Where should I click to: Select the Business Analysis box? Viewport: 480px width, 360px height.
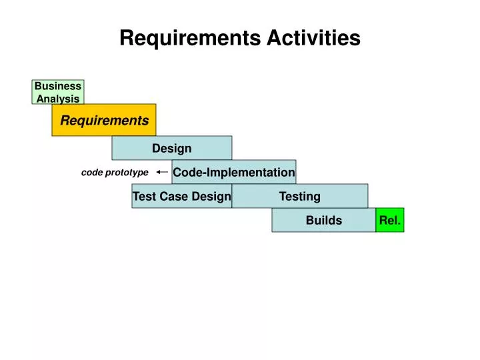tap(58, 92)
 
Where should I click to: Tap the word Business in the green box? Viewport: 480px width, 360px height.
tap(58, 86)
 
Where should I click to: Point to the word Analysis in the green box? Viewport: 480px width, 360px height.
tap(58, 99)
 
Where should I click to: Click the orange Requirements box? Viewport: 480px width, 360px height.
tap(104, 121)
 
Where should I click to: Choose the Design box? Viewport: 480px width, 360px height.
tap(172, 148)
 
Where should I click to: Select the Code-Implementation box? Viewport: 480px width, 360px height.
tap(234, 173)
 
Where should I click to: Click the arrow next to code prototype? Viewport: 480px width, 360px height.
tap(161, 172)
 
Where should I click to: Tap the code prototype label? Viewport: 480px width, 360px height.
tap(115, 173)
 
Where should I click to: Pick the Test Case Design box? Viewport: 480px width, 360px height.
tap(182, 196)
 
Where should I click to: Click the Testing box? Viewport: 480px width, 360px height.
tap(300, 196)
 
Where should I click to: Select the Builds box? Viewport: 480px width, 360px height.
tap(324, 220)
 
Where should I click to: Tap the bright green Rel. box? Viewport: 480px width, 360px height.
tap(390, 220)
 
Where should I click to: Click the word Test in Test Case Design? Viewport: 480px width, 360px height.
tap(143, 196)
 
